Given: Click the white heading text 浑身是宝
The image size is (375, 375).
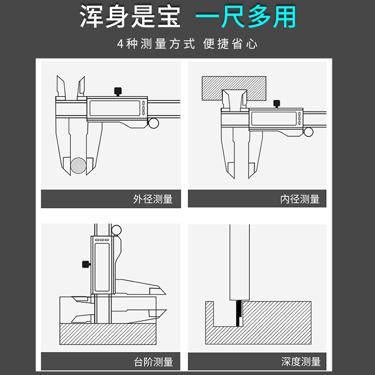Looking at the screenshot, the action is (x=130, y=17).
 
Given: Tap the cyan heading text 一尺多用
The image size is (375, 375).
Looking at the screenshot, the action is (x=246, y=17).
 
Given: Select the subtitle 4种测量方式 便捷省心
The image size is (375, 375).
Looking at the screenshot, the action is (x=187, y=45).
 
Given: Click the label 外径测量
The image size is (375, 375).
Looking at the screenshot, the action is (x=153, y=199).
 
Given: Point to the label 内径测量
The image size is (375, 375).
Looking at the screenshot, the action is (x=300, y=199).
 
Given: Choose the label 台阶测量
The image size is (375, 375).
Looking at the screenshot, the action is (x=153, y=361).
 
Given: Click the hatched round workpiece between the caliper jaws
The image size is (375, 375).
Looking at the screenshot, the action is (x=79, y=166).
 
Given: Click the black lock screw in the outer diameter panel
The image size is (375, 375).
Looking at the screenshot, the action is (x=118, y=91).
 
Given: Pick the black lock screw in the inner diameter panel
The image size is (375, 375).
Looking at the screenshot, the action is (x=277, y=103).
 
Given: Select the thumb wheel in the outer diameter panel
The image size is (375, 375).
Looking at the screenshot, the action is (x=154, y=123).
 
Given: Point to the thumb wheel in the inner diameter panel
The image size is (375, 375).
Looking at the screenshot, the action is (x=308, y=132).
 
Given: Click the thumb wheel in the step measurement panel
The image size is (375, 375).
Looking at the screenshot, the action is (x=116, y=230).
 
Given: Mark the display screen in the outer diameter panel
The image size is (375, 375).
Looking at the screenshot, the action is (x=114, y=109).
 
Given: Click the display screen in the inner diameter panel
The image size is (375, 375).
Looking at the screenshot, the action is (x=272, y=119).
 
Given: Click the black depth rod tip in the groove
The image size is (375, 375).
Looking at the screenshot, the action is (x=240, y=314).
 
